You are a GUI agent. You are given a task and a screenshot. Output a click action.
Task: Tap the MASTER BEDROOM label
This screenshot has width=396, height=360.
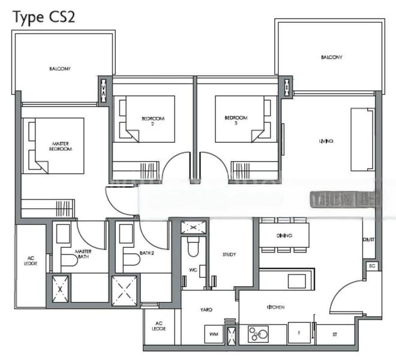coord(59,146)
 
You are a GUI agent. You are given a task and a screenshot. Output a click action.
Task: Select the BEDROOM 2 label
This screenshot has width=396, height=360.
coord(148,121)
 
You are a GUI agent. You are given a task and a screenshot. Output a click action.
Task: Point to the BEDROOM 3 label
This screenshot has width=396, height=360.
coord(235,120)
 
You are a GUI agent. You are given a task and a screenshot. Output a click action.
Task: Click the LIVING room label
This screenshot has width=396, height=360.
coord(326,142)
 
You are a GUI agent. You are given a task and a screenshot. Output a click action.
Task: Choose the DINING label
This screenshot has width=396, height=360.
coord(284,235)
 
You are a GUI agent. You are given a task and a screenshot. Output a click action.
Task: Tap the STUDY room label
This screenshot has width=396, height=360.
coord(229,254)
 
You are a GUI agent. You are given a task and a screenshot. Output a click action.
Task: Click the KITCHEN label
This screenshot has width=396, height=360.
coord(276,308)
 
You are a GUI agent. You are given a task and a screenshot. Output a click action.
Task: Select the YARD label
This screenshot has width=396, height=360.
coord(206,310)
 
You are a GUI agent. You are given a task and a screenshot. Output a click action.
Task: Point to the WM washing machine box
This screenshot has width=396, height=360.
coord(212,334)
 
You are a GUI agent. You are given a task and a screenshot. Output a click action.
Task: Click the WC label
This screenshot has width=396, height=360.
coord(193,270)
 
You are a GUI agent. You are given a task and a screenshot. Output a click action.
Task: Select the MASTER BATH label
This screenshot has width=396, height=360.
coord(82,254)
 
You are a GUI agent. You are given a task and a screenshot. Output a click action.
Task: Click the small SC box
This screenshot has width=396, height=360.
coord(371,265)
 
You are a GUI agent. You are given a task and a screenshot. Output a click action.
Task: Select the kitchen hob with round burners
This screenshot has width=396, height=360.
coord(262,333)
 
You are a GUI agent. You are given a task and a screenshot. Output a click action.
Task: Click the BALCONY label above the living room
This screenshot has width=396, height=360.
coord(331,57)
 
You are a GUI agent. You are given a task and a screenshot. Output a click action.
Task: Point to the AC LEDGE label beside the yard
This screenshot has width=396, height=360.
coord(159,327)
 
